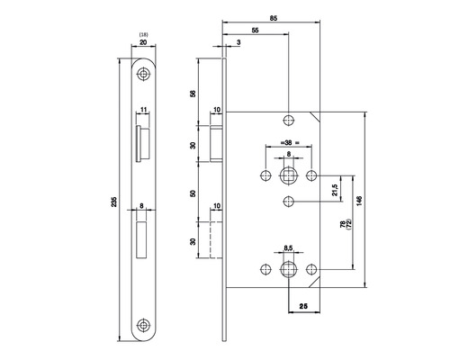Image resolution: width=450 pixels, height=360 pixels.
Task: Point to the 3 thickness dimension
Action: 238,42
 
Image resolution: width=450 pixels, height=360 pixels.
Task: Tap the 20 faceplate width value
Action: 144,42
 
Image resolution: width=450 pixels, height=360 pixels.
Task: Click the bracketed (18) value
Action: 144,33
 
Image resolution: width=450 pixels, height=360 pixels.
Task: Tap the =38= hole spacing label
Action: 288,143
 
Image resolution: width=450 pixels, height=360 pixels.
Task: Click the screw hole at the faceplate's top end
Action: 144,73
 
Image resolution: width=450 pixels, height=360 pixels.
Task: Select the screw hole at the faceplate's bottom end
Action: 144,326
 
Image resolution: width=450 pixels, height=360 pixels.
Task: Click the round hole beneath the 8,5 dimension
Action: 288,269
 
